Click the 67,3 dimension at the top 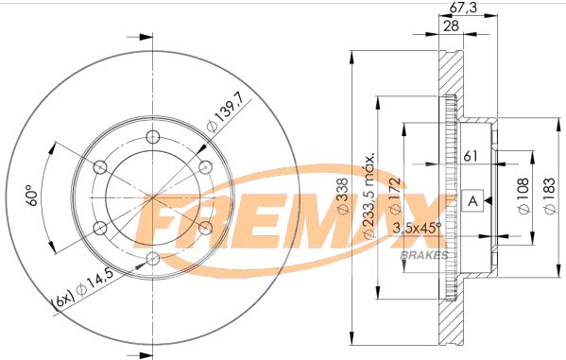tap(461, 8)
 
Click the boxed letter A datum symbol tap(472, 199)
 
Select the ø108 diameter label tap(522, 199)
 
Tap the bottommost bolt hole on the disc tap(153, 258)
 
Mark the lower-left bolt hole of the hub tap(100, 227)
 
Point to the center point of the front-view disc tap(153, 197)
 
